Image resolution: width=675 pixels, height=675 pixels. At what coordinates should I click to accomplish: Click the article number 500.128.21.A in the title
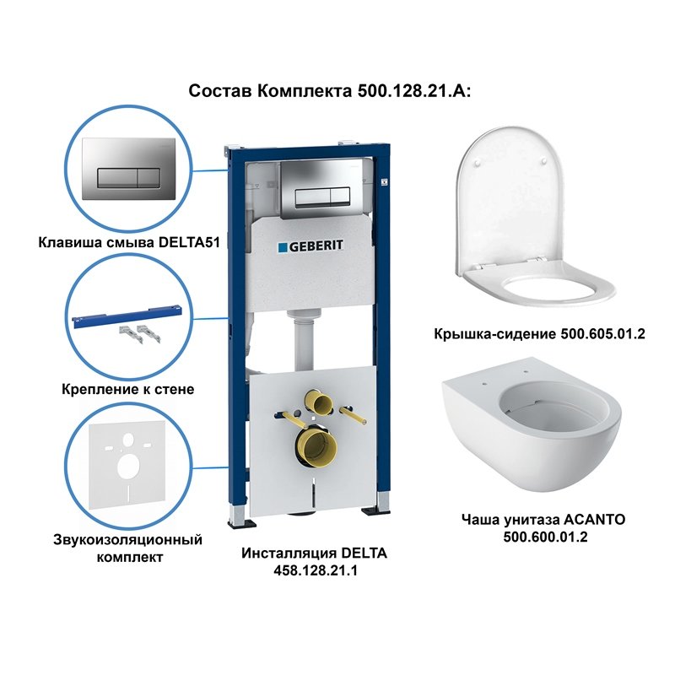408,90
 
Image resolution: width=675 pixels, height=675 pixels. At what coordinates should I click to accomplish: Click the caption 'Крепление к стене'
128,389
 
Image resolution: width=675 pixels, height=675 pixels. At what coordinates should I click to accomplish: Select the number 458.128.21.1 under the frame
314,571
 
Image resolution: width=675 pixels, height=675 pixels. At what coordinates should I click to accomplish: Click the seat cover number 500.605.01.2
602,334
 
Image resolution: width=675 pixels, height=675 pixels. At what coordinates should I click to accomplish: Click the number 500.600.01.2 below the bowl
545,537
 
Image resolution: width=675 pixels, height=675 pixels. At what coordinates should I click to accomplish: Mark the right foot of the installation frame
372,510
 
